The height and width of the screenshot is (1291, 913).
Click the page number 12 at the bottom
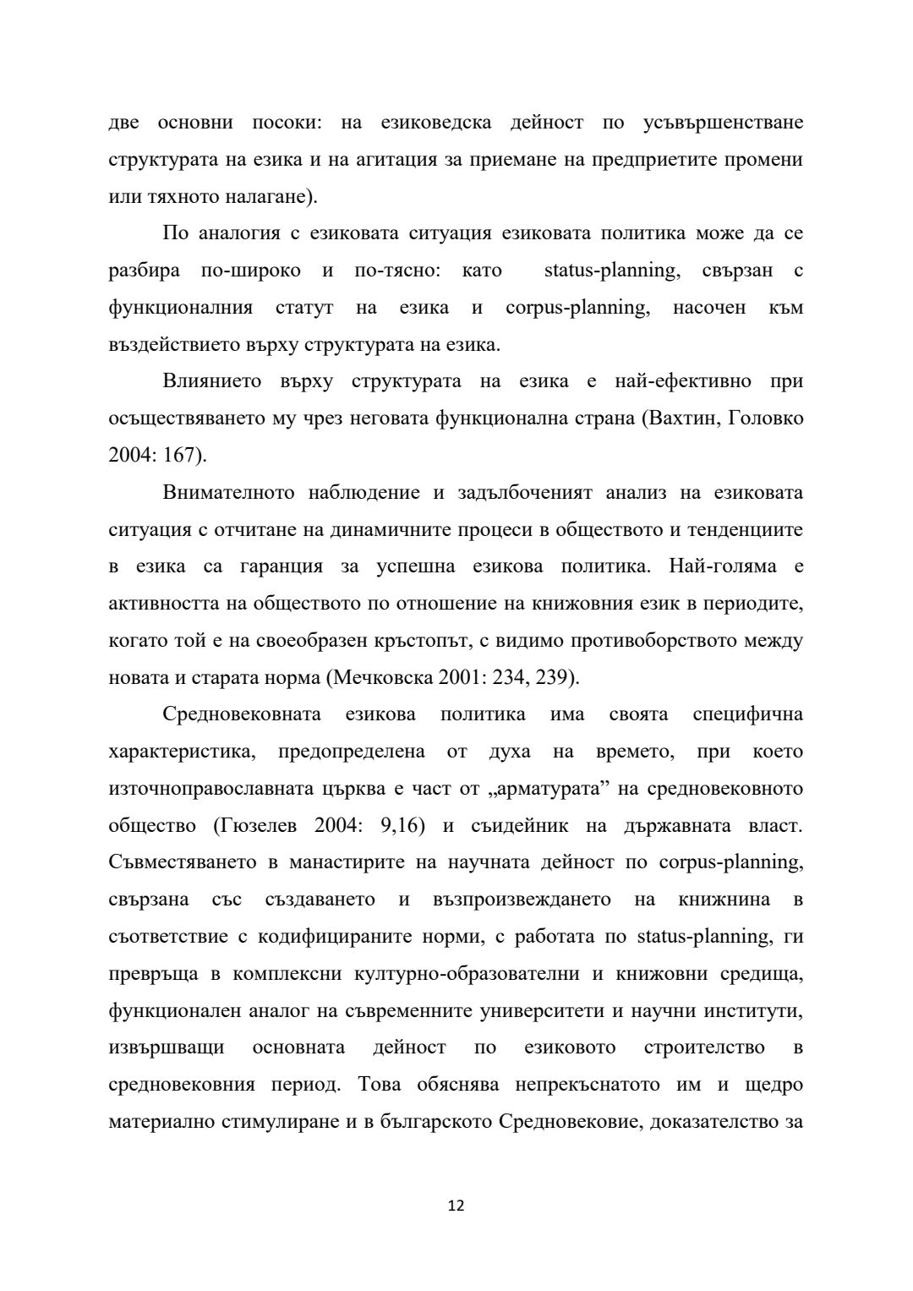pyautogui.click(x=456, y=1206)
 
